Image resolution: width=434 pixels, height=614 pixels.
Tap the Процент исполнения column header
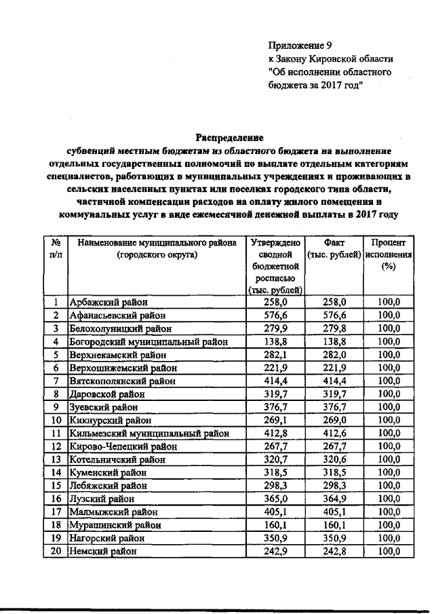click(389, 254)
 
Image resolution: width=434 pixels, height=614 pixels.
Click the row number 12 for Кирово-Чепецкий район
click(57, 446)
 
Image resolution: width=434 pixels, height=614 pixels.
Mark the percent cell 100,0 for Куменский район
click(389, 472)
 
